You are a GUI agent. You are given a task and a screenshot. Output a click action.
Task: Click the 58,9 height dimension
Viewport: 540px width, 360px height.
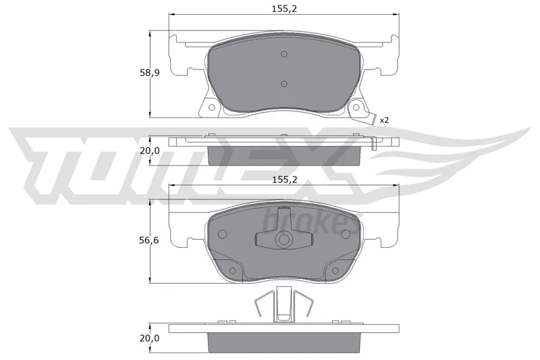click(150, 73)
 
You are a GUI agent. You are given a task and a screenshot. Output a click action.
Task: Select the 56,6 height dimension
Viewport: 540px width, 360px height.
click(148, 240)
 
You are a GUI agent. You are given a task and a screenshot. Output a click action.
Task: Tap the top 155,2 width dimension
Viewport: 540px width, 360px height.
click(284, 9)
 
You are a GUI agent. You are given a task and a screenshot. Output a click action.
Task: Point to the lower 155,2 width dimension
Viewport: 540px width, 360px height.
click(284, 180)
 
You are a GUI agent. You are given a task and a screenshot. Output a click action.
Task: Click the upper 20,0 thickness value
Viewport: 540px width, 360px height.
click(150, 151)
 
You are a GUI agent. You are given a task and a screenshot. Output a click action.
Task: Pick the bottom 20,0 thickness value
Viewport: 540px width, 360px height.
click(149, 338)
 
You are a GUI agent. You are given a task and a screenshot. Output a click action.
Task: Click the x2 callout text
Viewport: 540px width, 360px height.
click(384, 120)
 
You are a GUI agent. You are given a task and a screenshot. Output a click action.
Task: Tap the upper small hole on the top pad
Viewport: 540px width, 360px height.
click(283, 54)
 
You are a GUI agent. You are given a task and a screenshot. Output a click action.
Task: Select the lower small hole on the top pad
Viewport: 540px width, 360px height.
click(283, 84)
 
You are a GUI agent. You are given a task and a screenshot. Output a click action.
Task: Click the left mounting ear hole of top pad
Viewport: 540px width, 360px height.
click(212, 107)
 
